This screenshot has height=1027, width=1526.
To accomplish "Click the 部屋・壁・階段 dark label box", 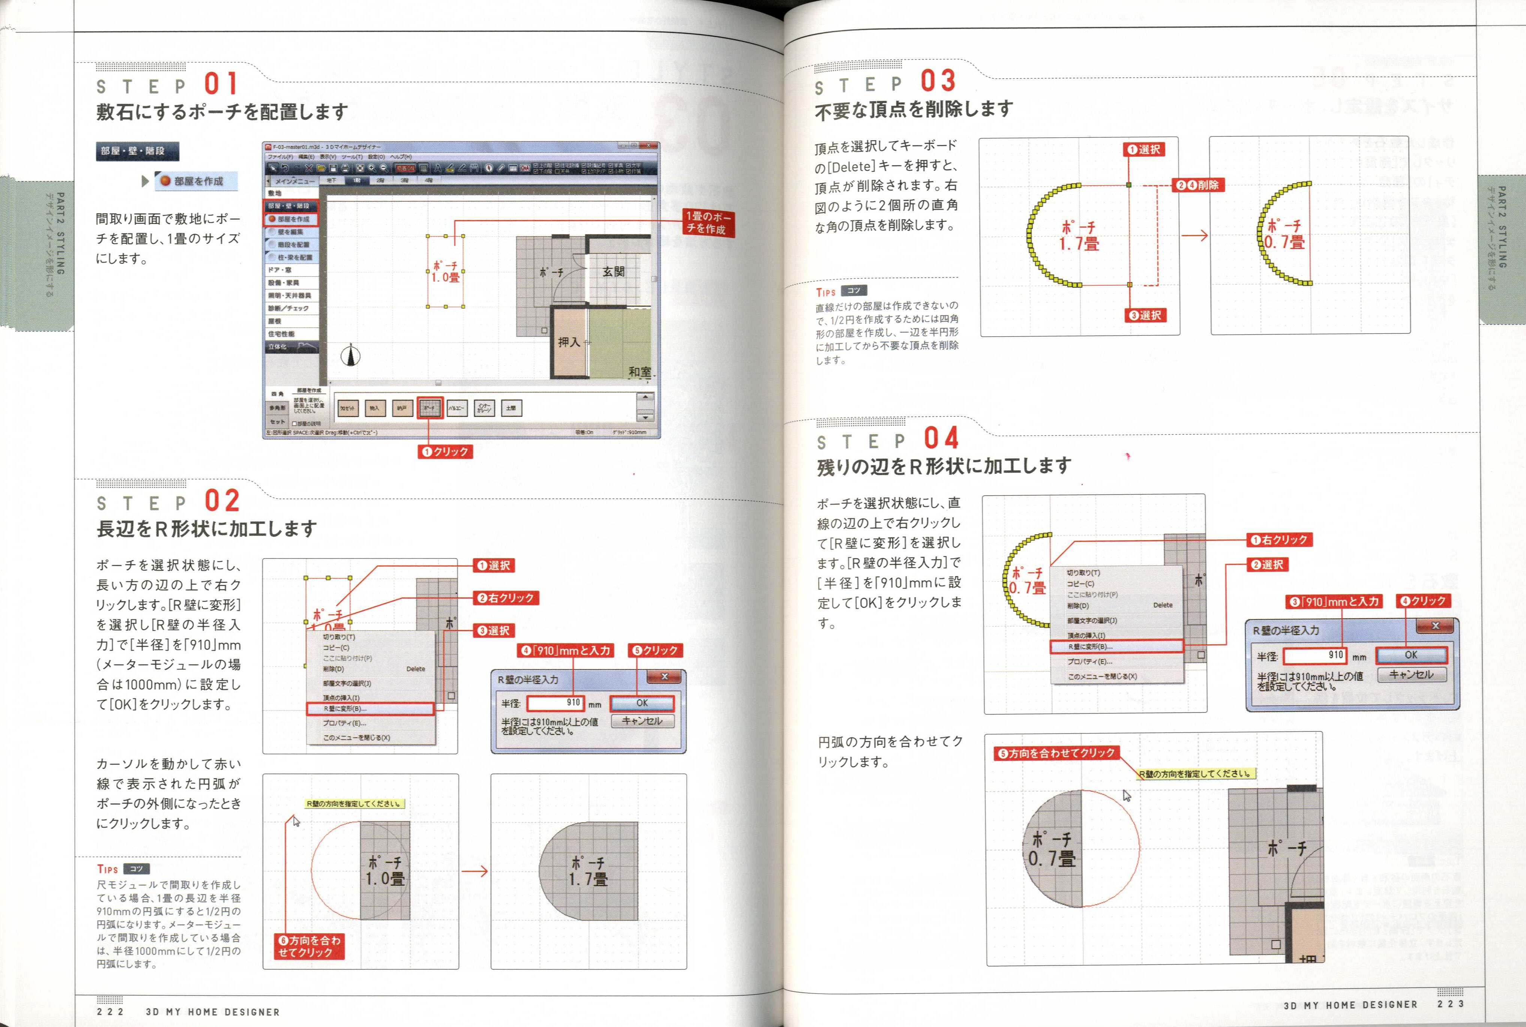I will (x=137, y=151).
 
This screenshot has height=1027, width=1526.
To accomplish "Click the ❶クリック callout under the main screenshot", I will (x=445, y=451).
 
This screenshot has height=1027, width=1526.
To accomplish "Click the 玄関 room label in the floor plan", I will (x=613, y=271).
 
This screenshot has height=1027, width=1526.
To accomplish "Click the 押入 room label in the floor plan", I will (x=568, y=342).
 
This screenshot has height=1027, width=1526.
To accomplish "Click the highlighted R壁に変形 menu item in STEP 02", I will (x=370, y=709).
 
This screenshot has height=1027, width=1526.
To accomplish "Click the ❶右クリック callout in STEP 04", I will (x=1279, y=540).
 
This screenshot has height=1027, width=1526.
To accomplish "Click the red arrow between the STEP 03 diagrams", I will (x=1195, y=235).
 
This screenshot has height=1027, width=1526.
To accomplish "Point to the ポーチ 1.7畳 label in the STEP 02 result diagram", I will (x=588, y=871).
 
